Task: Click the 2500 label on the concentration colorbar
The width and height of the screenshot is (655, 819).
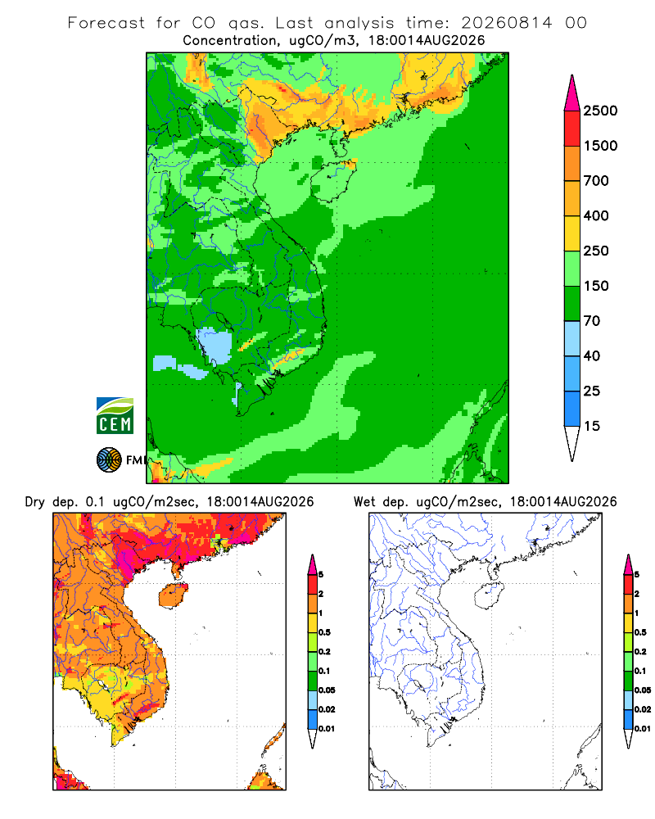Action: [x=600, y=111]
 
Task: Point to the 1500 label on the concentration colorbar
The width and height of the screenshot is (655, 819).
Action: [x=600, y=146]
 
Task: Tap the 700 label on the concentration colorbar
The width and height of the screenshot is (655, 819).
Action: [x=596, y=181]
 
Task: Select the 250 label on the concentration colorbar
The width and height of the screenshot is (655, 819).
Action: [x=596, y=251]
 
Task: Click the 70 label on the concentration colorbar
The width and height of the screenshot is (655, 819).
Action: [x=592, y=321]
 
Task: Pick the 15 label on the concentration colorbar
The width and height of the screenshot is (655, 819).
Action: [x=592, y=426]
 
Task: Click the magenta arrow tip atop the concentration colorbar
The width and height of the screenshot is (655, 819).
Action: [x=572, y=93]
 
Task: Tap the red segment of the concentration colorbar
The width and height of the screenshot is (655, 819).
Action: [x=572, y=129]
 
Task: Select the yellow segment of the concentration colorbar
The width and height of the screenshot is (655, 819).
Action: [x=572, y=233]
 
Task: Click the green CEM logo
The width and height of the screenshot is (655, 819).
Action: [x=115, y=416]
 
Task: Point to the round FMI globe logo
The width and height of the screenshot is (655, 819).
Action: [x=109, y=460]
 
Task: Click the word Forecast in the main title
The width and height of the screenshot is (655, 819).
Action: [x=106, y=23]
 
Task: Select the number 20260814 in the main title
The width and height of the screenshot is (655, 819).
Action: [x=506, y=23]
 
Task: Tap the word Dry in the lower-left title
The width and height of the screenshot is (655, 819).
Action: [x=34, y=502]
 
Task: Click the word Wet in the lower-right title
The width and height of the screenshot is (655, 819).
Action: [x=364, y=502]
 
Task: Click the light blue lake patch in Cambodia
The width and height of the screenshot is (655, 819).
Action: [x=215, y=345]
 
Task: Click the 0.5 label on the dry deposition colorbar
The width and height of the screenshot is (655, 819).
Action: [x=324, y=632]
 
